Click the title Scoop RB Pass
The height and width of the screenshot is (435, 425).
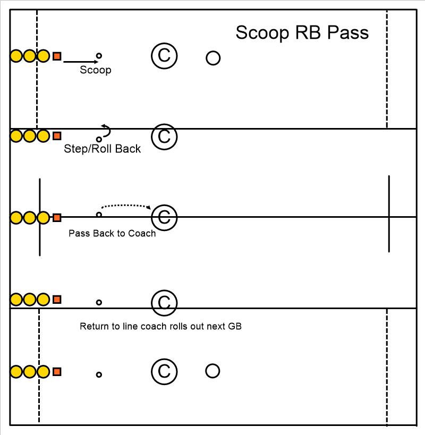(x=302, y=33)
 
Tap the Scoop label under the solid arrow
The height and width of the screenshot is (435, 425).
(x=96, y=70)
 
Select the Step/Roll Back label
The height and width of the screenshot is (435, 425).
(x=102, y=149)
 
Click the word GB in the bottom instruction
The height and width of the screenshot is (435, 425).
(x=235, y=326)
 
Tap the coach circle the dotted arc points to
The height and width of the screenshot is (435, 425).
(x=164, y=217)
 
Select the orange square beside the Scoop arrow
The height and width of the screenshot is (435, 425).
(x=57, y=56)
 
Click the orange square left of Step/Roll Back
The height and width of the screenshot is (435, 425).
(x=57, y=136)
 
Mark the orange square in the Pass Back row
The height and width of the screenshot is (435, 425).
(x=57, y=217)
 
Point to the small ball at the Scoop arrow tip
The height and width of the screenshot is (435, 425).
(x=99, y=55)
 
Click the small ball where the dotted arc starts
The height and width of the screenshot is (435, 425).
(x=99, y=215)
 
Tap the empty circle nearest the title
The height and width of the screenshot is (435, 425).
(x=213, y=58)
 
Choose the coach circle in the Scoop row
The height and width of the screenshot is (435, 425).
(x=164, y=56)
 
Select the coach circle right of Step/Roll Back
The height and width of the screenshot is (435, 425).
(x=164, y=137)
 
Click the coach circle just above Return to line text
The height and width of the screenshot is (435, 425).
(x=164, y=303)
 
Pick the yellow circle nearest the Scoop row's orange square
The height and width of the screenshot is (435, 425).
(x=44, y=56)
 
